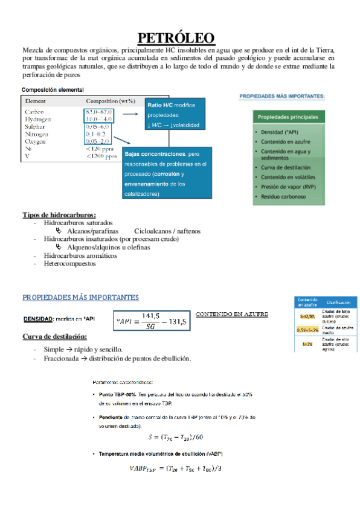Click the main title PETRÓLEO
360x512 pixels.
(x=179, y=38)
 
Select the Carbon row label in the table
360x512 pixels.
(x=34, y=112)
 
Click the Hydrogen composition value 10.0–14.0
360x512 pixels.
(x=100, y=120)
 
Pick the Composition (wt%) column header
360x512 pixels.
(x=111, y=101)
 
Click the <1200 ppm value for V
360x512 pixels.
(x=101, y=156)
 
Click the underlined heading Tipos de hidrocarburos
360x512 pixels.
(x=59, y=214)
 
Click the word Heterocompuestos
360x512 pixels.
(x=66, y=264)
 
